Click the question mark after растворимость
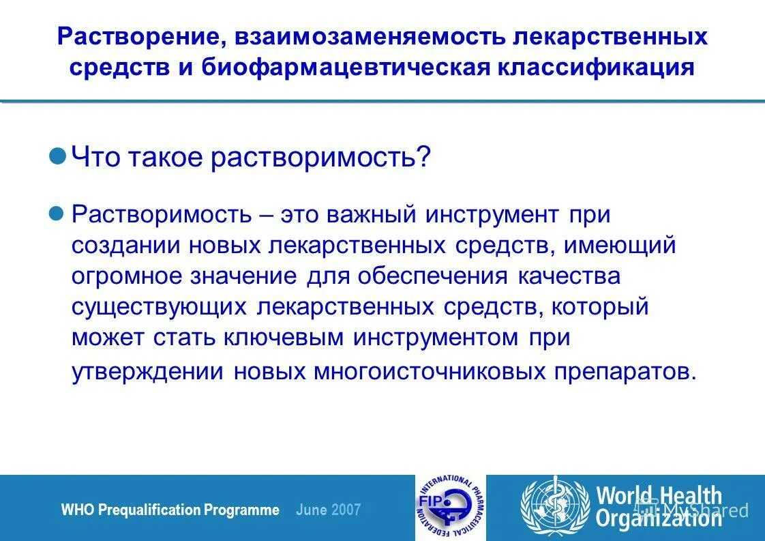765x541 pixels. tap(424, 158)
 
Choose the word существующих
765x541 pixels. tap(159, 307)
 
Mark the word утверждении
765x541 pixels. tap(148, 371)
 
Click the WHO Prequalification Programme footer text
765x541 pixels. tap(170, 510)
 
